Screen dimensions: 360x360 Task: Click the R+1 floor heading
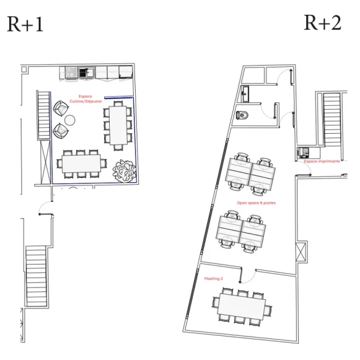coord(25,24)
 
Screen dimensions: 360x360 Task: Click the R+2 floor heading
coord(322,23)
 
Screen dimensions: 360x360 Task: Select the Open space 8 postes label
coord(256,203)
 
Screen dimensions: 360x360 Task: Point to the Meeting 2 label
coord(214,279)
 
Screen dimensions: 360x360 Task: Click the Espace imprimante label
coord(322,161)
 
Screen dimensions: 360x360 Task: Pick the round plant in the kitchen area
coord(125,170)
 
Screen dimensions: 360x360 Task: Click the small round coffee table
coord(71,120)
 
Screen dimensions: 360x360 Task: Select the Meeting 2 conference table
coord(241,305)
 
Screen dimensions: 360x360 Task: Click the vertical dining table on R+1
coord(118,124)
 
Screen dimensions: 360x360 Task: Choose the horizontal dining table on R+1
coord(81,164)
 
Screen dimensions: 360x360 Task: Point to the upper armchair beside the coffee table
coord(61,110)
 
